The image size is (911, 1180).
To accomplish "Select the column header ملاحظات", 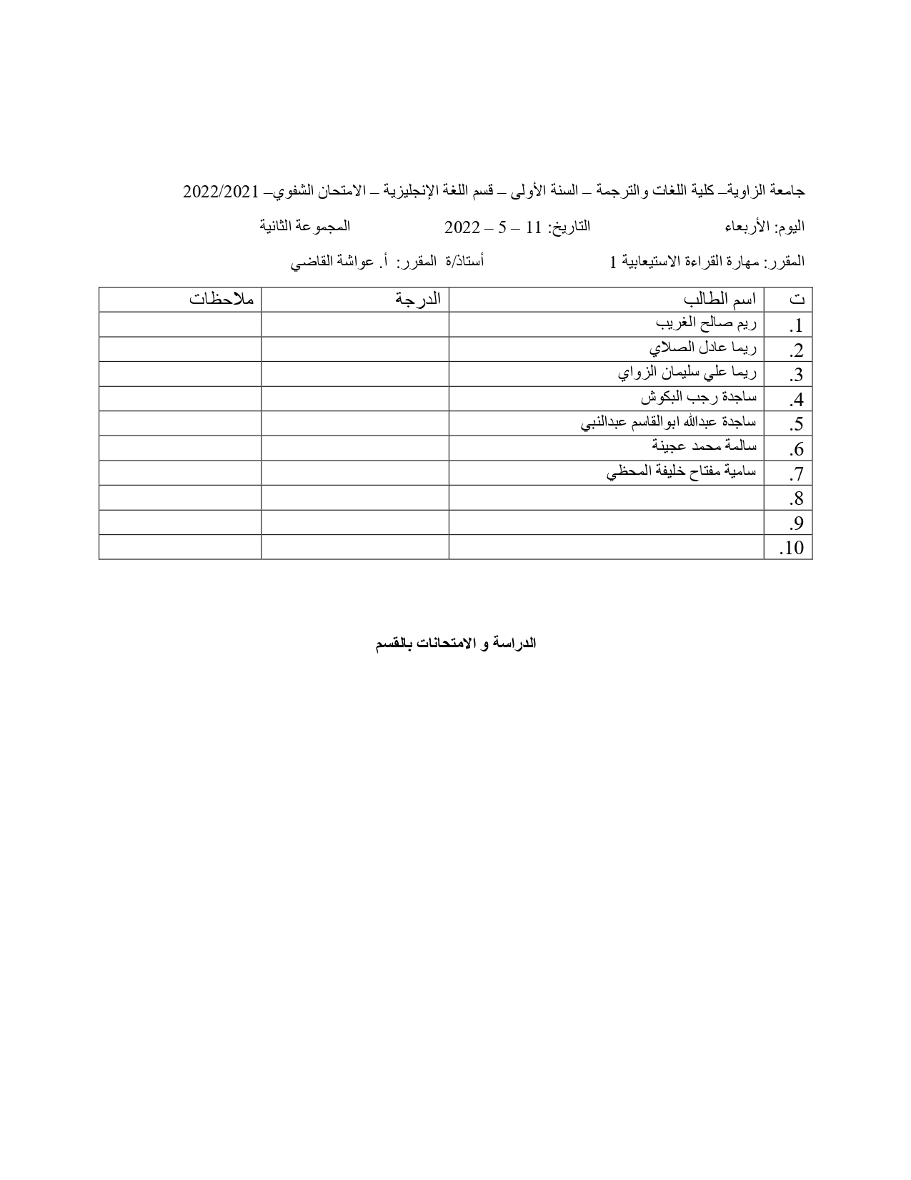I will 221,299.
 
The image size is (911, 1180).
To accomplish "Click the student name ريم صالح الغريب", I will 706,324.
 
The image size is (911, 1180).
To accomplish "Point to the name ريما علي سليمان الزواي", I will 687,373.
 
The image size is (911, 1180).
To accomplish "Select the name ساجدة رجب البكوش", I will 698,398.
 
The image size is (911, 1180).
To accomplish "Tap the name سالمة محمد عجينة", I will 704,447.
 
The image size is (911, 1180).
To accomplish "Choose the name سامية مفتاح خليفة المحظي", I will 682,472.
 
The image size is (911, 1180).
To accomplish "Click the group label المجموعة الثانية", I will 304,227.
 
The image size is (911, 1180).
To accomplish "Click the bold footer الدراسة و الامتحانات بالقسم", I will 455,643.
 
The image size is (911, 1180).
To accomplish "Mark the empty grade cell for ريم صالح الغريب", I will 354,324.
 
